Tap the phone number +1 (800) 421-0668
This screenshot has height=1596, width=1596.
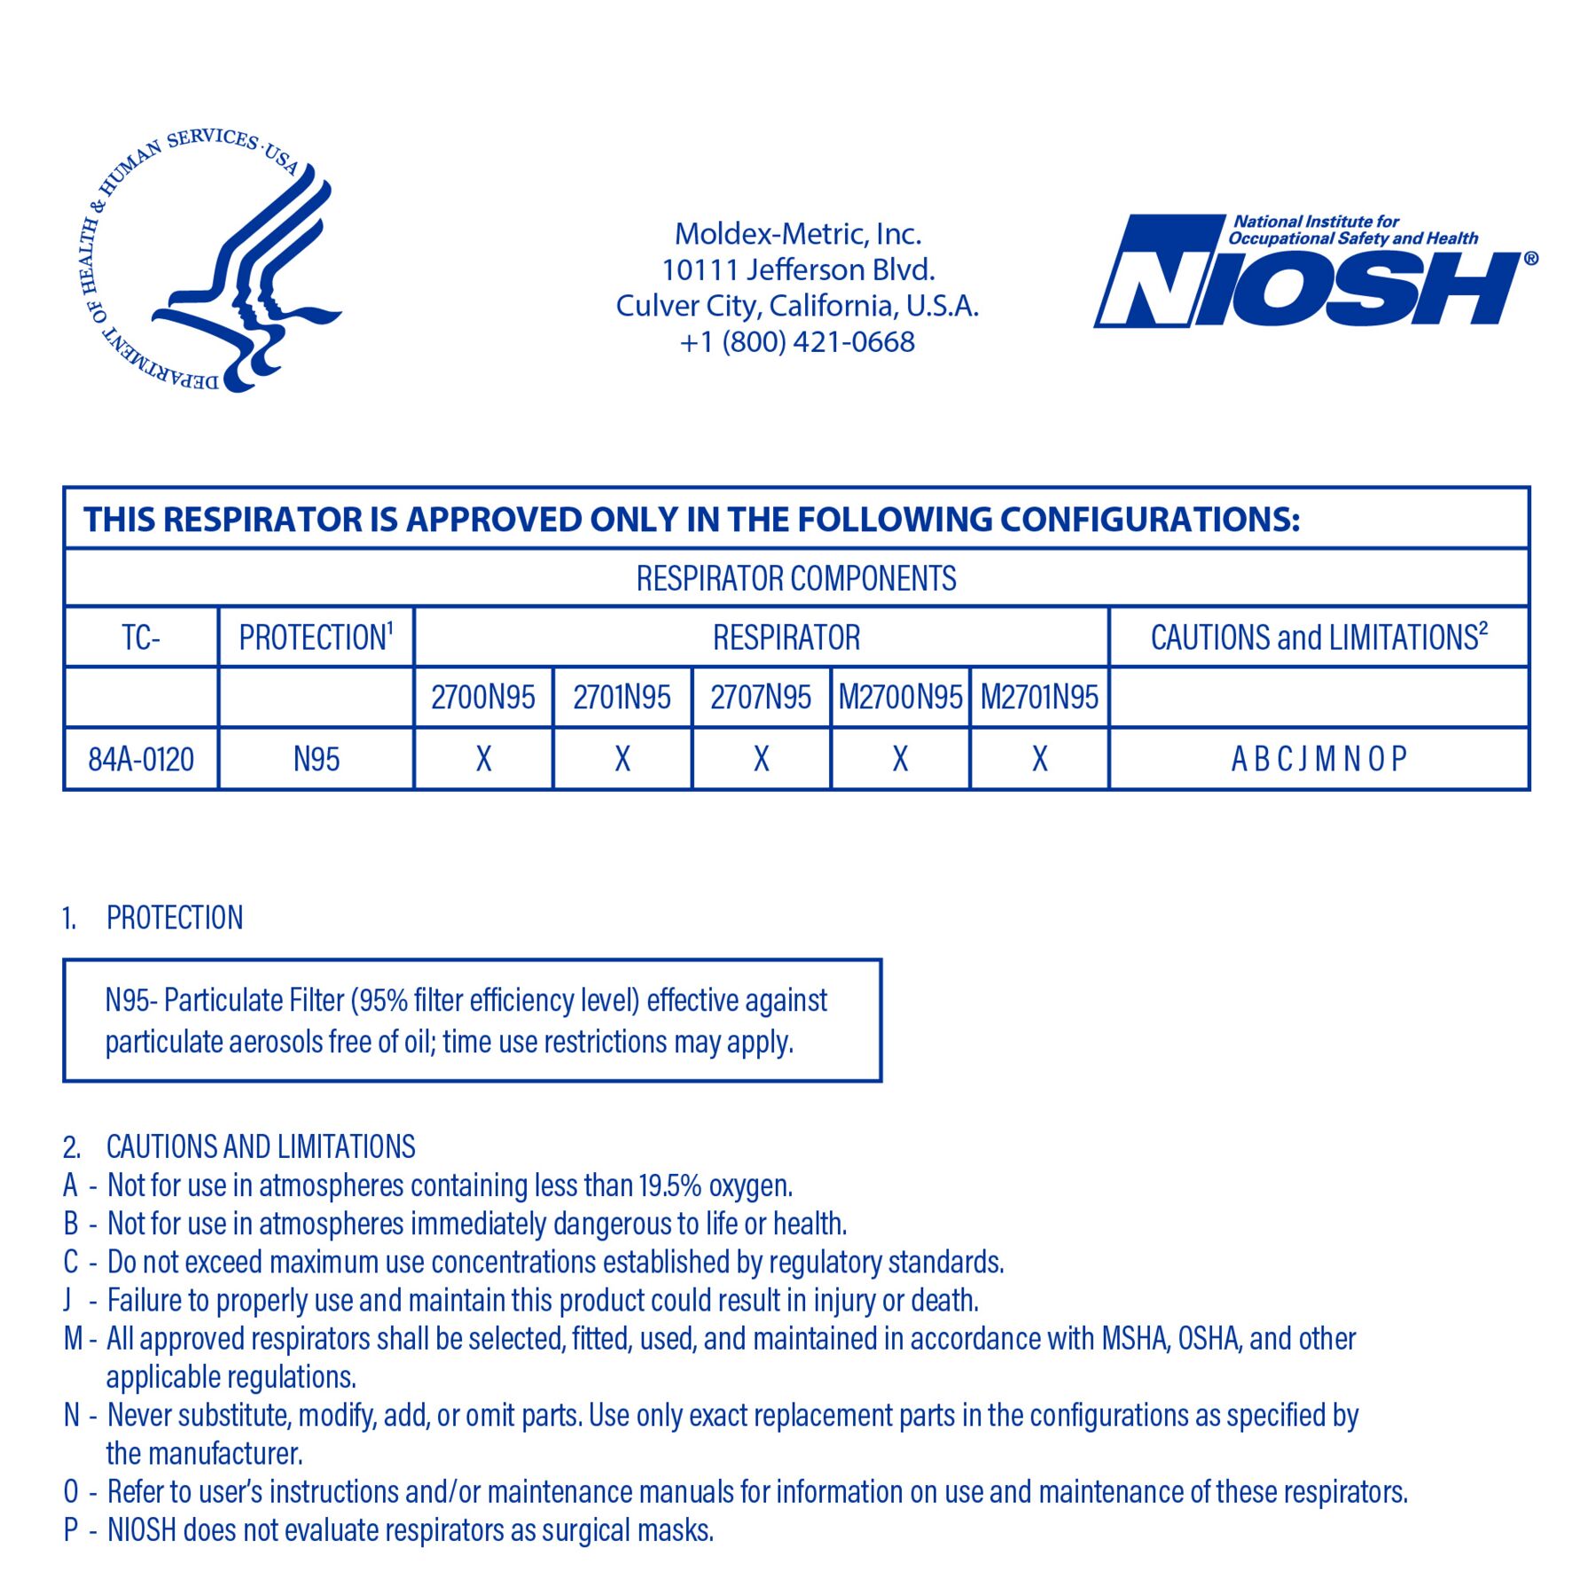coord(797,342)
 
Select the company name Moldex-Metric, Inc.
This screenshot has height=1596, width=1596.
coord(797,234)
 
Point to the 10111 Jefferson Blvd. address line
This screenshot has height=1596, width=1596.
coord(797,270)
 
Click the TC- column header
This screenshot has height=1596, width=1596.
coord(141,638)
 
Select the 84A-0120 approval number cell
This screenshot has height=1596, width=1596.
coord(141,760)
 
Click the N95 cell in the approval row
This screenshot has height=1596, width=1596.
coord(316,760)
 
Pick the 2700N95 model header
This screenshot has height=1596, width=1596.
coord(483,698)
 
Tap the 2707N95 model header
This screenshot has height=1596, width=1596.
coord(761,698)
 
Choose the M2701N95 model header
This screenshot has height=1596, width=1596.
coord(1039,698)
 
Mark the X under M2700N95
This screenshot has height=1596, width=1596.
coord(900,760)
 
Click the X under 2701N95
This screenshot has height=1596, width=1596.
coord(622,760)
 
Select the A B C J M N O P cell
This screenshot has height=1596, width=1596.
coord(1318,760)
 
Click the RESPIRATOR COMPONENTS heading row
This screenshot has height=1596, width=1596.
coord(796,579)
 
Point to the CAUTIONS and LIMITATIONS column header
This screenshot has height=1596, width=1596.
coord(1318,638)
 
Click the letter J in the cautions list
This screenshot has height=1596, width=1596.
coord(67,1301)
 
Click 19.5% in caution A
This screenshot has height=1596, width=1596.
coord(669,1185)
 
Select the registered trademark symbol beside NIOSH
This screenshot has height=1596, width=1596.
coord(1531,259)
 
